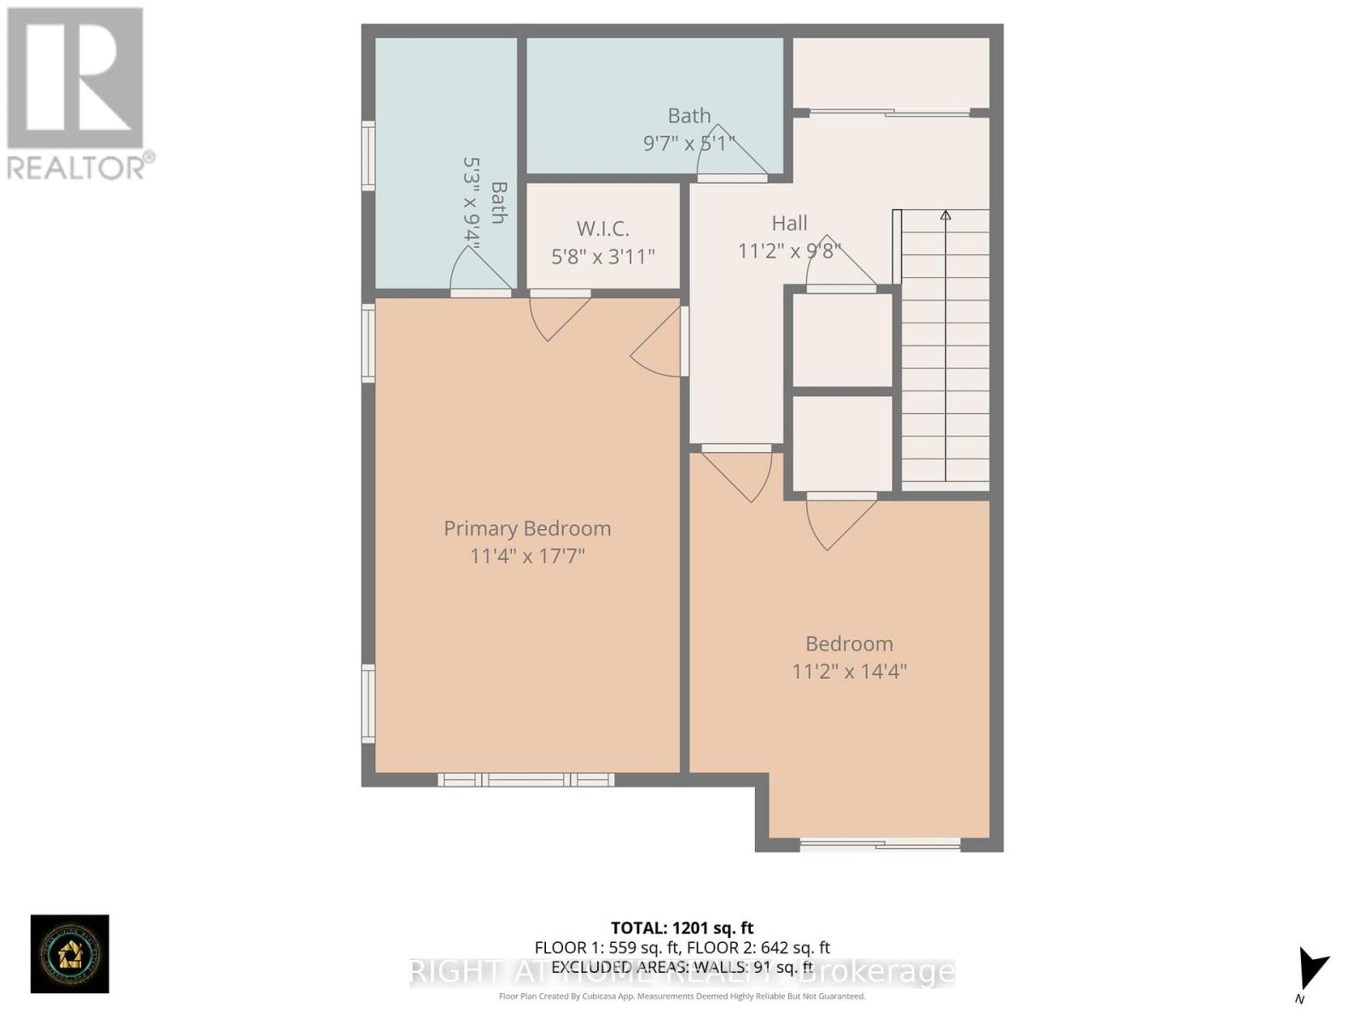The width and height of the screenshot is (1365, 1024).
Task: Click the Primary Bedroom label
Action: coord(527,528)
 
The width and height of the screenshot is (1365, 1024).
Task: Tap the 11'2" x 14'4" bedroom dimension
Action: coord(849,672)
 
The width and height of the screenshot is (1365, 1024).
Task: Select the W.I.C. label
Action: coord(602,229)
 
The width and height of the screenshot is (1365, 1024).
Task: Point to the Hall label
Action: coord(789,224)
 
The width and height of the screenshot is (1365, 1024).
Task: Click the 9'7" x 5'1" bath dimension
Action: coord(688,143)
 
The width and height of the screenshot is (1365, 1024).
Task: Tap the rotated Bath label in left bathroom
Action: coord(499,203)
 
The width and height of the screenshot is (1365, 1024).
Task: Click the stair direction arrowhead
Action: coord(945,215)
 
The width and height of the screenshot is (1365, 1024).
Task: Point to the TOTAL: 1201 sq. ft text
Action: coord(682,928)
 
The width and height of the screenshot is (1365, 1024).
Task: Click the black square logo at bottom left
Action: coord(70,953)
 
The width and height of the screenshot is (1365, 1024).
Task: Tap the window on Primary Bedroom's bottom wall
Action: coord(526,779)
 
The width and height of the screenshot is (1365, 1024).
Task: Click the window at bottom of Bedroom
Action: coord(880,845)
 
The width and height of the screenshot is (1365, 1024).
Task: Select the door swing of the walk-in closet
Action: coord(555,316)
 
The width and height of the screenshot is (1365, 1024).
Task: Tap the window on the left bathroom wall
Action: coord(369,155)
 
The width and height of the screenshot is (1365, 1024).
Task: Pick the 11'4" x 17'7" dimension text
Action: coord(527,556)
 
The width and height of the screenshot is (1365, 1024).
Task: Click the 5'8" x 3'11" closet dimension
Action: coord(602,256)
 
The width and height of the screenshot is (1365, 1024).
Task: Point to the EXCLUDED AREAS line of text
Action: coord(682,967)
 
